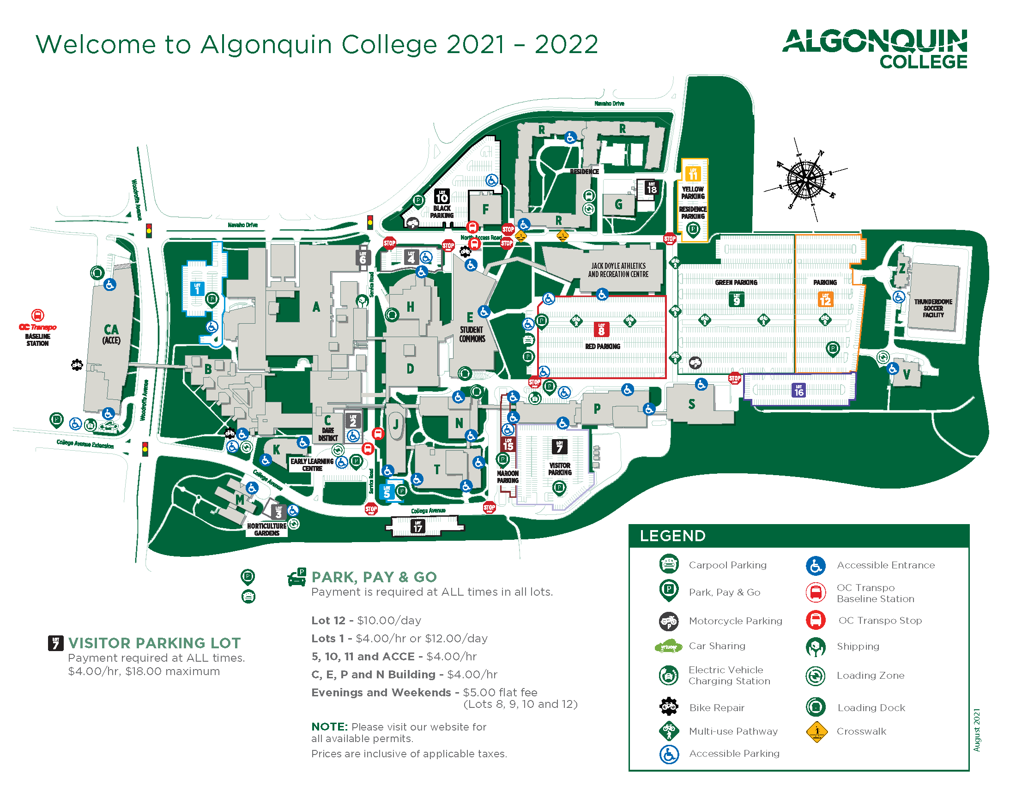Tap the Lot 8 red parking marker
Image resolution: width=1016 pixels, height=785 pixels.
601,329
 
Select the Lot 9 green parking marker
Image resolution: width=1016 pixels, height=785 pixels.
736,299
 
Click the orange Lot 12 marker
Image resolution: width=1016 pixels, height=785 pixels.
825,299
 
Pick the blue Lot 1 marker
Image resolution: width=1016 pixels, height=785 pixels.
197,288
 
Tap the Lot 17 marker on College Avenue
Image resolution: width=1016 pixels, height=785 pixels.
418,526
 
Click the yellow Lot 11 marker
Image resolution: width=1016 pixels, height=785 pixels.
693,174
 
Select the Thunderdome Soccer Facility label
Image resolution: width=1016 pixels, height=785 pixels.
933,308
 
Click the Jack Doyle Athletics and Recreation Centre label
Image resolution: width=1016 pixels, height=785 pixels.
618,270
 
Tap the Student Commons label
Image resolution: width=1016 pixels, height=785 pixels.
472,334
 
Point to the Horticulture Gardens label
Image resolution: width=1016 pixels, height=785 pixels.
266,529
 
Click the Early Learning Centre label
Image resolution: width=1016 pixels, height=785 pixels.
312,465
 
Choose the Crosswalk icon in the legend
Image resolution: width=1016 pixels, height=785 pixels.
816,731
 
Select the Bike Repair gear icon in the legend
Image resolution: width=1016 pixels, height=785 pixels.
669,706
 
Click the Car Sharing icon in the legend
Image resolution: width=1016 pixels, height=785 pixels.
668,646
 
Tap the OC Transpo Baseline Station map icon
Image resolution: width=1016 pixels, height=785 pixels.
38,315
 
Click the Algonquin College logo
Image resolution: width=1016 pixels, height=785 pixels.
875,48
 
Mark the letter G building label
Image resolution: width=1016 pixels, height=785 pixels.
618,204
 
